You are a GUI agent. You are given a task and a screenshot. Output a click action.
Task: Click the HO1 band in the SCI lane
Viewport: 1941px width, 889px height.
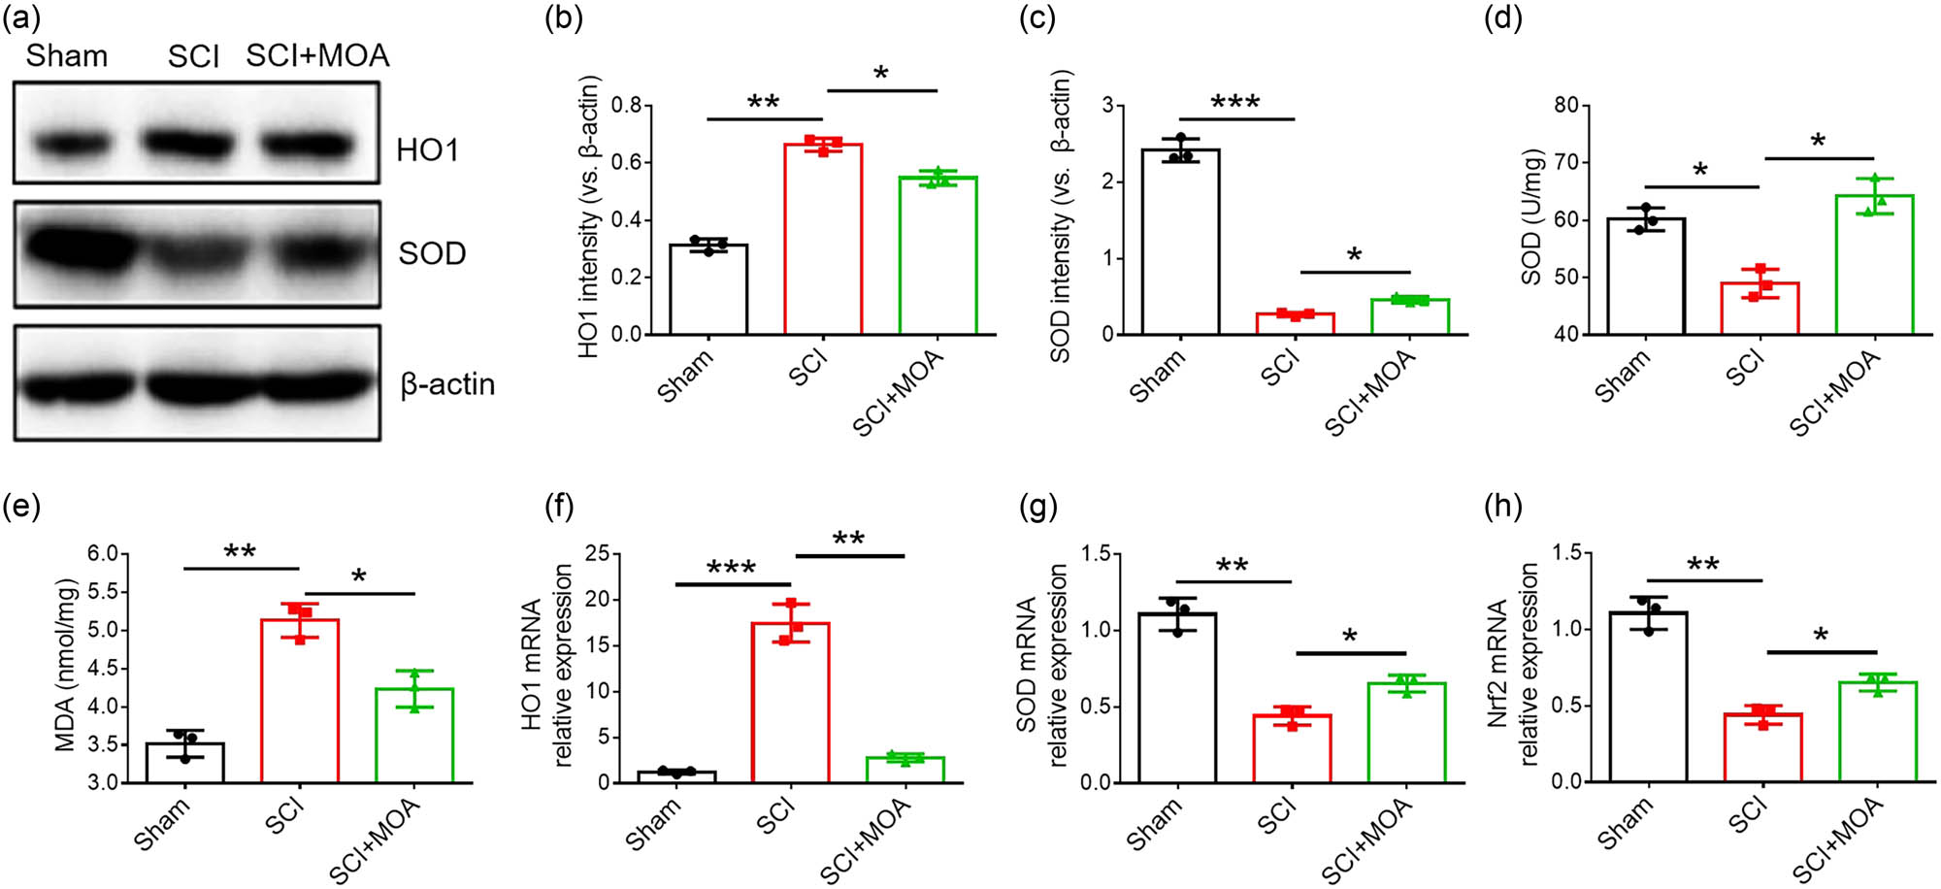point(194,144)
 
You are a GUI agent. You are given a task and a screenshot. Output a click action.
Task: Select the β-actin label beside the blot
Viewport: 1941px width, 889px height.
point(447,384)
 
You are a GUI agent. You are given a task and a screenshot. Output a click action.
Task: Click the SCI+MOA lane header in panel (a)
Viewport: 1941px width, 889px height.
point(317,55)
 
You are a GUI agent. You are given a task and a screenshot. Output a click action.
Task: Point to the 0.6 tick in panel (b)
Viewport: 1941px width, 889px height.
point(632,162)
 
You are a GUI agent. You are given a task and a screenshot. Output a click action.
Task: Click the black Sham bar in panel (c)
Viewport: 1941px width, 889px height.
point(1180,243)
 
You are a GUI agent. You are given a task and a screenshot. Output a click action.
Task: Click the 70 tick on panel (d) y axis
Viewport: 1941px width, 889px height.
point(1565,162)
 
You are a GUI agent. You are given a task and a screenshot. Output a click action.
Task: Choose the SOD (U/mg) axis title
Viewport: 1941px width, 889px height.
point(1532,217)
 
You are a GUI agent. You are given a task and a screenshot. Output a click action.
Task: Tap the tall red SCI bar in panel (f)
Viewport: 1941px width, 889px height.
point(790,703)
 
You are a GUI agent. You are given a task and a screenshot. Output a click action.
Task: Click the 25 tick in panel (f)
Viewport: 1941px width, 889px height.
point(598,554)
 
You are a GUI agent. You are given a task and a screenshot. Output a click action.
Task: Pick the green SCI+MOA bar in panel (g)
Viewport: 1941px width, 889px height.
point(1406,733)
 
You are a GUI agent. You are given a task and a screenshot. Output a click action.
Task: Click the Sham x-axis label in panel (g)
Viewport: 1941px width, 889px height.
point(1155,824)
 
